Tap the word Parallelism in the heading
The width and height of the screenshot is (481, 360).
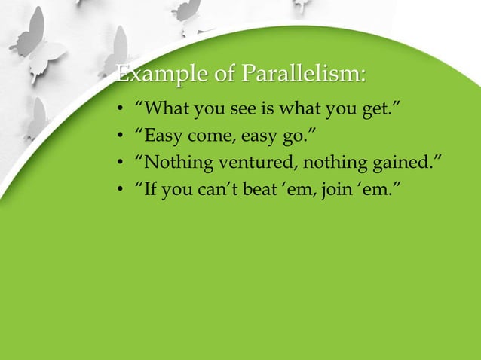point(304,76)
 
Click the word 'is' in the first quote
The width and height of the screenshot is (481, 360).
point(270,113)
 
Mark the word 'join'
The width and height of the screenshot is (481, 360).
point(335,186)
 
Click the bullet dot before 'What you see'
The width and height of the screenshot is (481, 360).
point(120,114)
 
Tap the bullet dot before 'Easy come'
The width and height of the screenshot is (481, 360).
point(120,139)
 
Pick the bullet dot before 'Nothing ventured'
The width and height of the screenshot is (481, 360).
point(120,163)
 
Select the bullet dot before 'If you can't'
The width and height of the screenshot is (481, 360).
point(120,187)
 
